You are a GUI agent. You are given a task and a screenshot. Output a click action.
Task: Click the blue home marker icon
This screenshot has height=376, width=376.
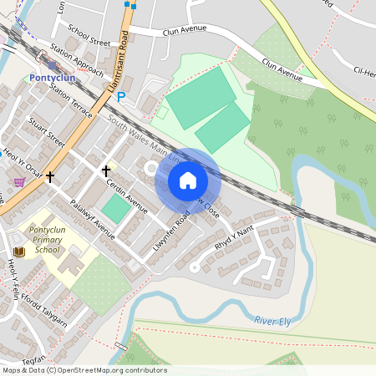click(187, 180)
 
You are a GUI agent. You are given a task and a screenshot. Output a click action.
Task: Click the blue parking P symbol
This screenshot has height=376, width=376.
click(121, 97)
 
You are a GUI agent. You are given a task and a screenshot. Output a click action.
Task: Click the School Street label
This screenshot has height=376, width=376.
click(89, 34)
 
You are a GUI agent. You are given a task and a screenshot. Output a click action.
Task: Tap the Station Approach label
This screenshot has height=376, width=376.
click(77, 59)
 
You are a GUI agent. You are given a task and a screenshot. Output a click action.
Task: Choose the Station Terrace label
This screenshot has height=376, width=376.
click(71, 99)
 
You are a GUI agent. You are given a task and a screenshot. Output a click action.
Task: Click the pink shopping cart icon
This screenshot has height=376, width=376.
click(19, 181)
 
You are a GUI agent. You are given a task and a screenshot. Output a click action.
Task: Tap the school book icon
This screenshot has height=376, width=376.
click(18, 252)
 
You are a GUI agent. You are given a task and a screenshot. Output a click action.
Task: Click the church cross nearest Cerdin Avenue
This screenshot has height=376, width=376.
click(106, 170)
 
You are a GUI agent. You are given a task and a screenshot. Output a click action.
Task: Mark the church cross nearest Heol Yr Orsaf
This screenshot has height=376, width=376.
click(51, 176)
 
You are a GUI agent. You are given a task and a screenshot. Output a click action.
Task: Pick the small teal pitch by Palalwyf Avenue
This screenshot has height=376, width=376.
click(115, 208)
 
